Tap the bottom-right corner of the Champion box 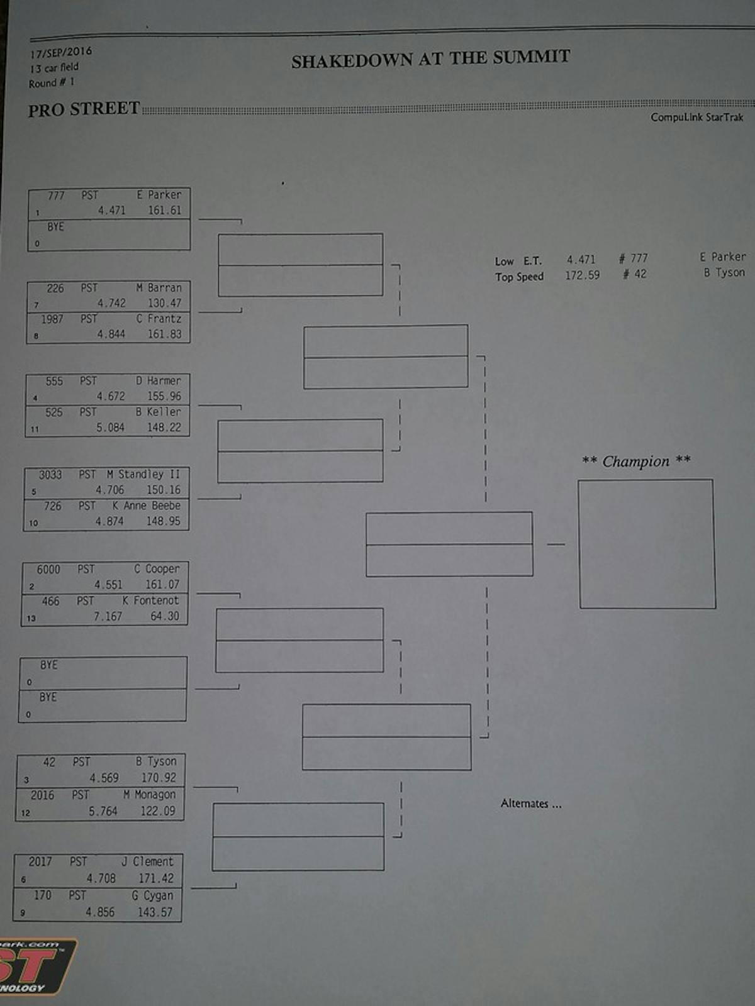[715, 608]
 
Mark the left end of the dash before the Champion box [548, 544]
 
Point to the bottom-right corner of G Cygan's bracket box [181, 920]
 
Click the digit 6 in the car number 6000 [40, 569]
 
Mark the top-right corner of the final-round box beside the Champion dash [532, 512]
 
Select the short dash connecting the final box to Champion [556, 544]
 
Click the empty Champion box [647, 544]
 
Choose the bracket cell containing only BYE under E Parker [109, 235]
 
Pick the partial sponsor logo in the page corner [36, 966]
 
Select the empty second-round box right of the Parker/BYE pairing [301, 265]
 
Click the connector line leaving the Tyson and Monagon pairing [215, 788]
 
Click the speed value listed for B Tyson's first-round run [158, 778]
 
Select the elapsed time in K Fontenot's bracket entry [108, 616]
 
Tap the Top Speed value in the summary [582, 275]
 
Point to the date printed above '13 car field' [61, 52]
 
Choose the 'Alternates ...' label [531, 804]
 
